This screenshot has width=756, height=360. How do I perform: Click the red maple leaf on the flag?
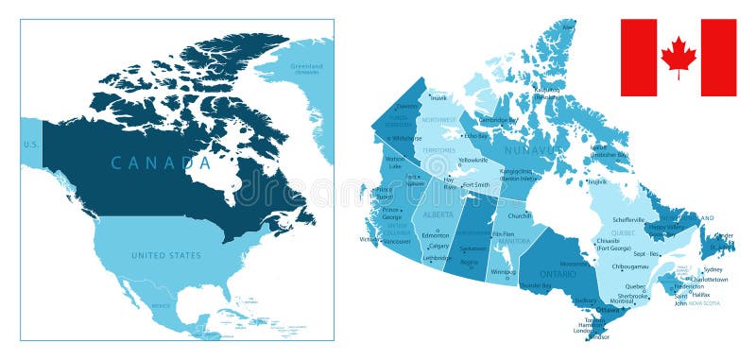click(678, 57)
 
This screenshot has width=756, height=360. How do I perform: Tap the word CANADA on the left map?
click(162, 163)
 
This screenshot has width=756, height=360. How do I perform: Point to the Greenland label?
click(306, 67)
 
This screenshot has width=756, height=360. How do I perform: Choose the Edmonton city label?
click(436, 234)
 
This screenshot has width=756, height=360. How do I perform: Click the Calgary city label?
click(438, 246)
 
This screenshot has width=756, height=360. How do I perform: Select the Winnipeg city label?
click(504, 271)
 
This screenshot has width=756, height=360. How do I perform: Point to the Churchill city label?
click(521, 215)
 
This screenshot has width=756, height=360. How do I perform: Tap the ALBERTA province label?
click(438, 215)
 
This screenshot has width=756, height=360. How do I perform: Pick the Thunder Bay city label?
click(535, 284)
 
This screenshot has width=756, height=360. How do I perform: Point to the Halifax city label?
click(700, 294)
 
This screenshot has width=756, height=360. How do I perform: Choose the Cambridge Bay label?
click(498, 120)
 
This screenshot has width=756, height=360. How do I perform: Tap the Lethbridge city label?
click(437, 257)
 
